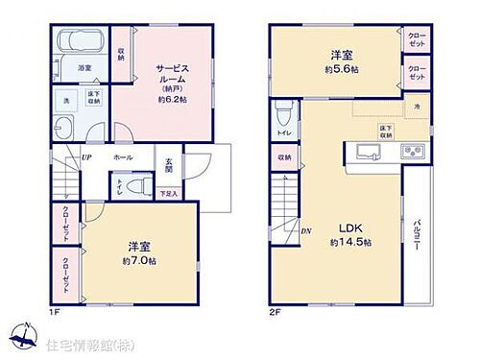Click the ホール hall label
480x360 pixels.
click(x=122, y=156)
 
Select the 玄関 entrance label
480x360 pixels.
click(x=169, y=164)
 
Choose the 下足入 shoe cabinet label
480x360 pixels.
click(x=167, y=192)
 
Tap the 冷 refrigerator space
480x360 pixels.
click(x=417, y=106)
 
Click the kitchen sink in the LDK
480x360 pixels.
click(x=366, y=151)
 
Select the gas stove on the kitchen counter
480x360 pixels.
click(x=414, y=151)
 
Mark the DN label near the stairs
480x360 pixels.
click(x=305, y=229)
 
